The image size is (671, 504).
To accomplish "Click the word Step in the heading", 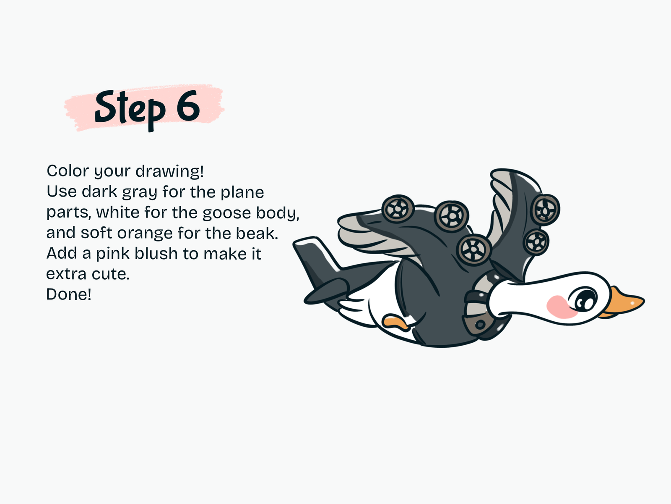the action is point(130,110).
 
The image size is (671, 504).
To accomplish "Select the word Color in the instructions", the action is point(68,171).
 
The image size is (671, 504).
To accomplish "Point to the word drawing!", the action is point(170,172).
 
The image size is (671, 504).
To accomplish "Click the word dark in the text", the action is point(99,192).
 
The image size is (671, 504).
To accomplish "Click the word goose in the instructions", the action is point(226,214).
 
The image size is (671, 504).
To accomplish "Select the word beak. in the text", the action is point(257,233).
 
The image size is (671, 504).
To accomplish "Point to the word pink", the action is point(113,254).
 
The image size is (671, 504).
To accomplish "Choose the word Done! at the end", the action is point(69,294).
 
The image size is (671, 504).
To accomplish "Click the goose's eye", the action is point(583,299).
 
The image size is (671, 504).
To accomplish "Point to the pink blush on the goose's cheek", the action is point(561,307).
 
